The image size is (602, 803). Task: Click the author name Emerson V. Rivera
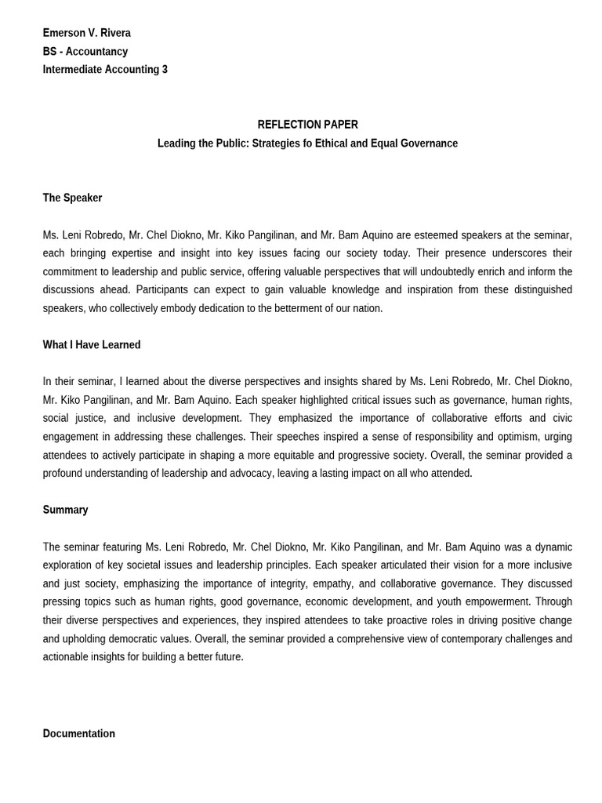(86, 33)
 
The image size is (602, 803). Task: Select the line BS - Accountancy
(85, 51)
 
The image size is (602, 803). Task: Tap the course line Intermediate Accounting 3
(105, 69)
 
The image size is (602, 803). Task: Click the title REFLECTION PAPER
(307, 125)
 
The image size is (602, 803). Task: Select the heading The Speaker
(72, 198)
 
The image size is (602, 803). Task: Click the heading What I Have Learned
(92, 344)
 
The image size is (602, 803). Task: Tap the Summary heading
(65, 510)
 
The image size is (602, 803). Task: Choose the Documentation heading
(78, 734)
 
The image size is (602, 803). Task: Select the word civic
(559, 418)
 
